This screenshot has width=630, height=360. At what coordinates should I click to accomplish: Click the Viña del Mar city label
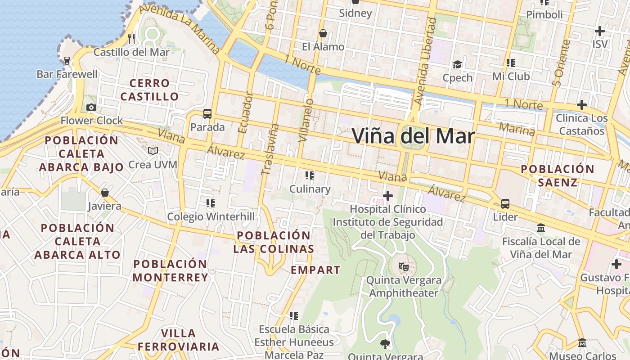tap(413, 136)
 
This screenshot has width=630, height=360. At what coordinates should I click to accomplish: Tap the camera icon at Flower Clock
tap(91, 107)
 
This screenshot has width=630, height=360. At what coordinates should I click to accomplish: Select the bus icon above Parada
tap(207, 114)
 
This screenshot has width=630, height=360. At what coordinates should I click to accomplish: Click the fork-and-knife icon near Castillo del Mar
tap(131, 38)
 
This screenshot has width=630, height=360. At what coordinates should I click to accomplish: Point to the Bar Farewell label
tap(67, 74)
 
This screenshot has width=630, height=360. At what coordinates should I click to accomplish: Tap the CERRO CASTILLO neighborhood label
tap(149, 90)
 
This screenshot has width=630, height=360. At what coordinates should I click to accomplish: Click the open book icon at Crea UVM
tap(153, 151)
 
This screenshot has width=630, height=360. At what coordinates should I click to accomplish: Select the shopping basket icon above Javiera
tap(105, 193)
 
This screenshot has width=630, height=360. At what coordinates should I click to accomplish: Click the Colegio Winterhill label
tap(211, 217)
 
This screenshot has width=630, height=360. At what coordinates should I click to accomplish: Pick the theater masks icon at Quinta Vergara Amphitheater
tap(404, 267)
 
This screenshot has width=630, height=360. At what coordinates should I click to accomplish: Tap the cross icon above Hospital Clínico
tap(388, 196)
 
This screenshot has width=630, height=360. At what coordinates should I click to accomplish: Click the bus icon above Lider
tap(505, 204)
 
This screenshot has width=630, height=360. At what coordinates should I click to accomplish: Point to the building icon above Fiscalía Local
tap(541, 228)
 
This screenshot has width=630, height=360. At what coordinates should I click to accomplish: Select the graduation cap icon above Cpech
tap(458, 64)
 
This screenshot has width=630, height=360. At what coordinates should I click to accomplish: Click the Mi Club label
tap(511, 76)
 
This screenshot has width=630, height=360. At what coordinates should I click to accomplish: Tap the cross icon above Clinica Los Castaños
tap(582, 105)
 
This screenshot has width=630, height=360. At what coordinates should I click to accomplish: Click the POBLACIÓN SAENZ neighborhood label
tap(558, 175)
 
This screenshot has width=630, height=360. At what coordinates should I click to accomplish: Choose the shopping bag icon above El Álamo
tap(323, 33)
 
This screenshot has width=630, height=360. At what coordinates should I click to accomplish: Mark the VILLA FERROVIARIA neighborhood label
tap(179, 340)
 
